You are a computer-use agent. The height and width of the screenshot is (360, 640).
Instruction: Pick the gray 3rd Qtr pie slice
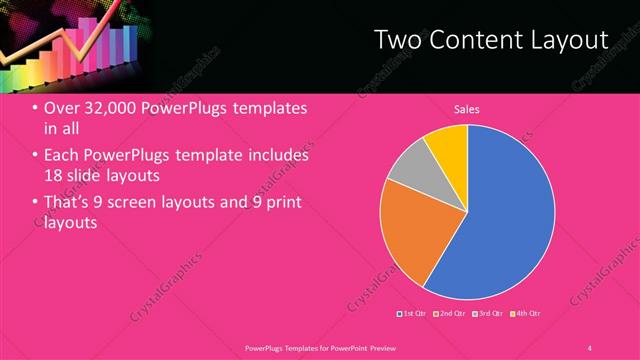tap(408, 172)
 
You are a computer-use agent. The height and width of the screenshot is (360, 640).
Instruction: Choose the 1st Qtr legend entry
tap(414, 315)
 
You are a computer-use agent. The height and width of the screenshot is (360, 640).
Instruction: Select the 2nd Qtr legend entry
tap(451, 315)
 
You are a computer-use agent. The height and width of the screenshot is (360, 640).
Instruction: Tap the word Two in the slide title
tap(394, 40)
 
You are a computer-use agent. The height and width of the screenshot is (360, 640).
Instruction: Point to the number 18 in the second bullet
tap(53, 176)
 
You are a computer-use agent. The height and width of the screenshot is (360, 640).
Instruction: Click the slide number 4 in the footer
tap(590, 347)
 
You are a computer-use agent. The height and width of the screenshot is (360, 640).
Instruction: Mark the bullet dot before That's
tap(36, 203)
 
